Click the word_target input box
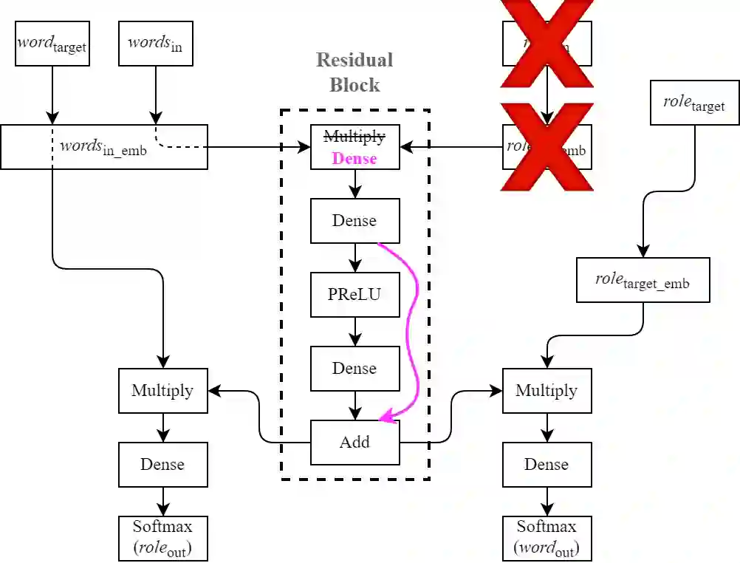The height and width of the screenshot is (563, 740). tap(52, 44)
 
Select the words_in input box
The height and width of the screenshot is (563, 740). tap(155, 44)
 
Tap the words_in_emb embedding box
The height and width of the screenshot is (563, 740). tap(103, 146)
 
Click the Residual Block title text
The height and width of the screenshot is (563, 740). tap(354, 72)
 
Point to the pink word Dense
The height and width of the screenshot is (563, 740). tap(354, 158)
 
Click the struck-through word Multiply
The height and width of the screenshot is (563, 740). tap(354, 137)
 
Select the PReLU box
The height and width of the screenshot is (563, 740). tap(354, 295)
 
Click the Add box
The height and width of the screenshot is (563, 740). tap(354, 443)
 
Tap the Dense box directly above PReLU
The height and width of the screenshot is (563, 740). tap(354, 221)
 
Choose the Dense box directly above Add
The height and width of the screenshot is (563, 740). tap(354, 369)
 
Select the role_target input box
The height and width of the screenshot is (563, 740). tap(693, 104)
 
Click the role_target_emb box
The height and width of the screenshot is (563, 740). tap(643, 280)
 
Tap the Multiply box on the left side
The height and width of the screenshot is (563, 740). tap(162, 391)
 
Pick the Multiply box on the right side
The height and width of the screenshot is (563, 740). tap(547, 391)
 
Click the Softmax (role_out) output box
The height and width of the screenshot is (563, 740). tap(162, 538)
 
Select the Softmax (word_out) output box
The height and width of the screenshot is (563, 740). tap(547, 538)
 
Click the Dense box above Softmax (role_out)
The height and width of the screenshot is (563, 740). tap(162, 465)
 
